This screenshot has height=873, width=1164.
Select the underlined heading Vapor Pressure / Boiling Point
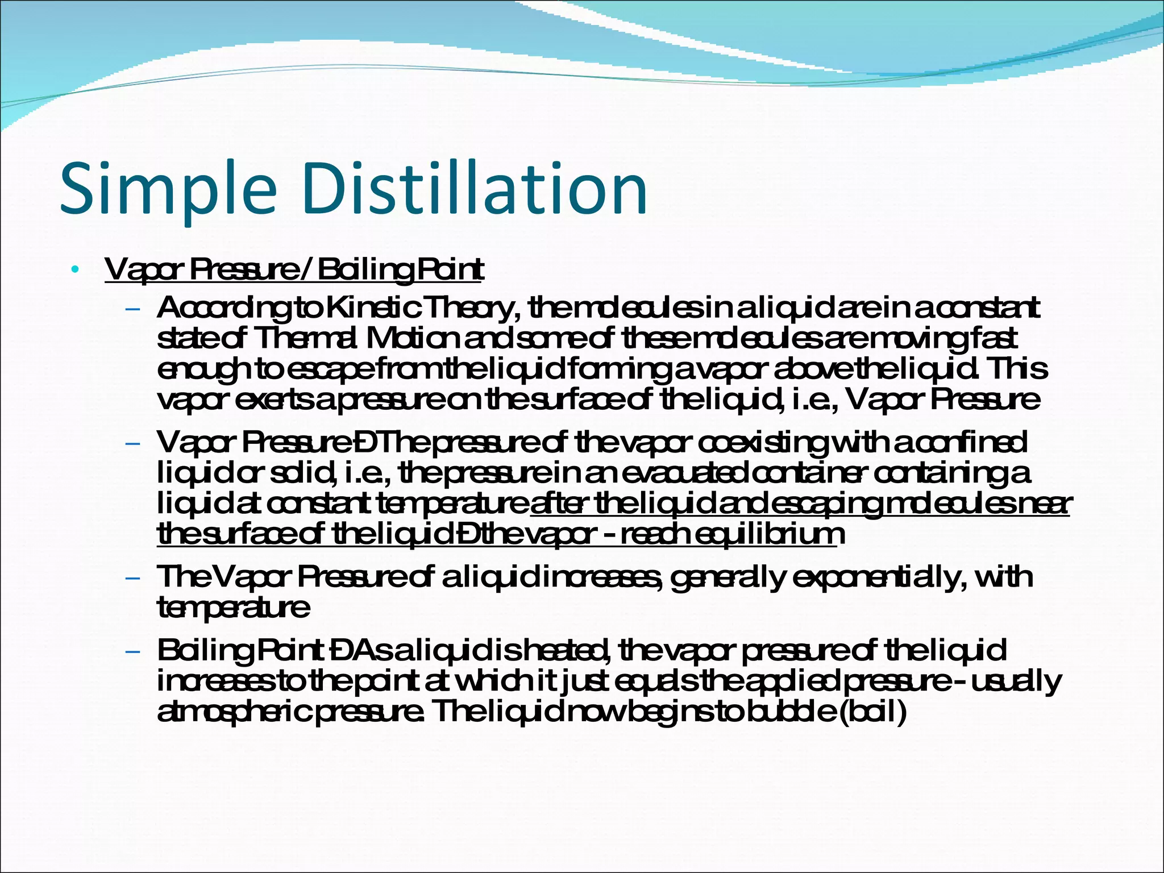click(293, 269)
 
